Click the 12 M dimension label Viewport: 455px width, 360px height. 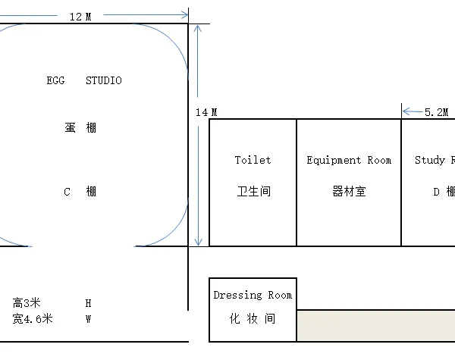click(80, 17)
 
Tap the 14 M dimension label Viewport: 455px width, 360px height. click(206, 112)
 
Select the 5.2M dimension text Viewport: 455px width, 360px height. click(437, 112)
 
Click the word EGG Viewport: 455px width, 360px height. click(55, 80)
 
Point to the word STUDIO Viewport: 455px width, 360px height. click(104, 80)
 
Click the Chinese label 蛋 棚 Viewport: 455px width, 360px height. click(80, 127)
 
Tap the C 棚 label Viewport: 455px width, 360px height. click(80, 192)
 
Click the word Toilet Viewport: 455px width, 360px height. click(253, 160)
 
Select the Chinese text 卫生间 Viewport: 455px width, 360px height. click(254, 191)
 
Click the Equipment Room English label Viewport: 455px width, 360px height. click(349, 160)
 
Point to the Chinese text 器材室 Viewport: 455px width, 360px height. click(349, 191)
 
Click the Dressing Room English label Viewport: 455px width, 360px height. click(253, 296)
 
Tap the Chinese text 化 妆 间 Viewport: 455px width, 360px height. click(253, 318)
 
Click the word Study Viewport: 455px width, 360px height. click(430, 160)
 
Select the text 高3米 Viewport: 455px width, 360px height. click(27, 303)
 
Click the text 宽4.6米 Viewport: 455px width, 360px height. click(33, 319)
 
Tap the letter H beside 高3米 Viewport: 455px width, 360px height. click(89, 303)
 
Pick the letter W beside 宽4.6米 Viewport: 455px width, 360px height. click(89, 319)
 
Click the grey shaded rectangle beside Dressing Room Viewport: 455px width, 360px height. click(376, 325)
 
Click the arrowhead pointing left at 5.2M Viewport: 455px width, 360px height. click(406, 111)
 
